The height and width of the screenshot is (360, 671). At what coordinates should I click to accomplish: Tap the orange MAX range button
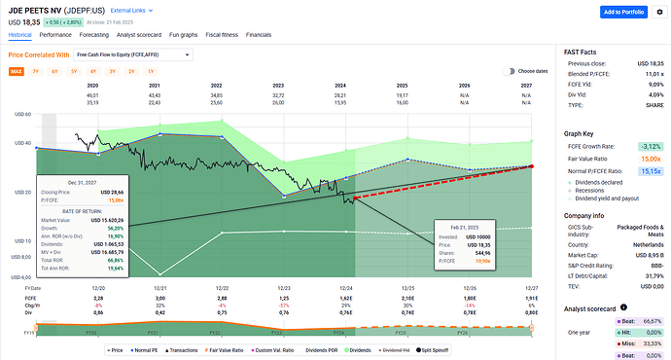[x=17, y=71]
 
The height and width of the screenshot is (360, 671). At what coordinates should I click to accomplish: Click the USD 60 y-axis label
[x=19, y=115]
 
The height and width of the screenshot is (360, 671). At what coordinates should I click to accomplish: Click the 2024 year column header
[x=341, y=86]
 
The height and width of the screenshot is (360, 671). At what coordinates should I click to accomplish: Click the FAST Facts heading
[x=582, y=51]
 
